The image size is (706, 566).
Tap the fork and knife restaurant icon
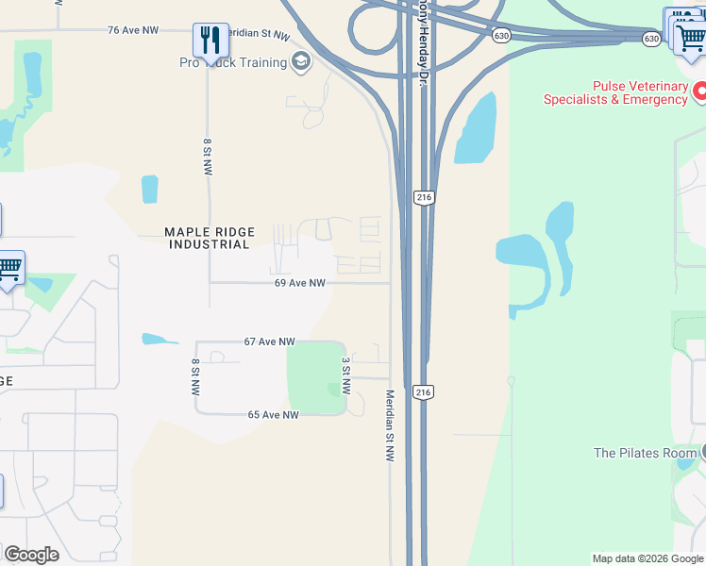(210, 40)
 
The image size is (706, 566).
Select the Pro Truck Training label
(233, 63)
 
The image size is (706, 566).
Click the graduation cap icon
(301, 63)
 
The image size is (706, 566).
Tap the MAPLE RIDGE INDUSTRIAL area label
(208, 238)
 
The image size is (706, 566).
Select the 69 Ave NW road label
(300, 283)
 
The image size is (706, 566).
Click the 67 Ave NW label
(269, 341)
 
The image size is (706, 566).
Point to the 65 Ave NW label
(273, 415)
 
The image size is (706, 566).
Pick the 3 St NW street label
(345, 375)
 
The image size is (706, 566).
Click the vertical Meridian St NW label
(389, 425)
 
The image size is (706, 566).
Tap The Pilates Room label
(645, 453)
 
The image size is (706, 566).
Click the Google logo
(30, 555)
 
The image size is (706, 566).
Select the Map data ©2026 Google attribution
(647, 558)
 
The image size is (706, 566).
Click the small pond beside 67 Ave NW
(160, 339)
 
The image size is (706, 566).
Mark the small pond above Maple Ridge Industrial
(149, 189)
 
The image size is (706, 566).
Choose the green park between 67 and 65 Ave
(313, 377)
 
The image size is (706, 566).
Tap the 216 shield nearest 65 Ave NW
(423, 391)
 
